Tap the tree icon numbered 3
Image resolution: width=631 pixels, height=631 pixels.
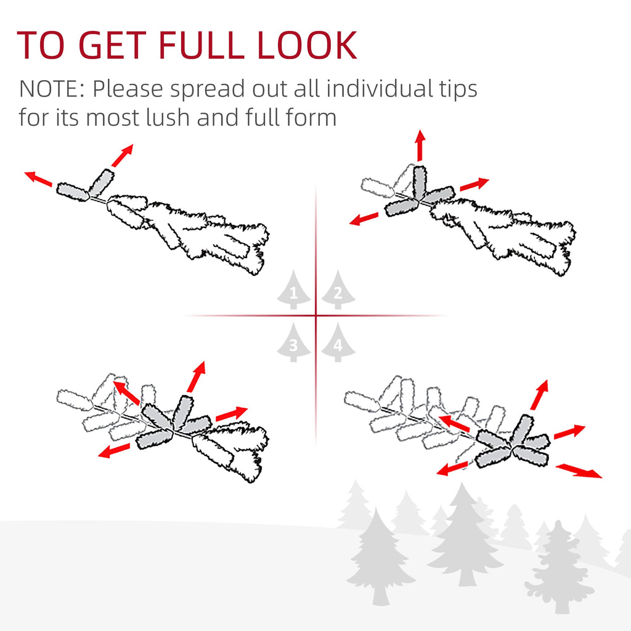294,342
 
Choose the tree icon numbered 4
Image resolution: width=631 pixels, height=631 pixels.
338,342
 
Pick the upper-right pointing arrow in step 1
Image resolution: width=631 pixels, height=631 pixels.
122,155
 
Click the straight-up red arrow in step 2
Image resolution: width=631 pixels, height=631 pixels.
420,145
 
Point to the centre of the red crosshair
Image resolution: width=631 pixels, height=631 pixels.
315,315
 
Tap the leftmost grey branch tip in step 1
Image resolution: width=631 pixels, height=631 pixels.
73,192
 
